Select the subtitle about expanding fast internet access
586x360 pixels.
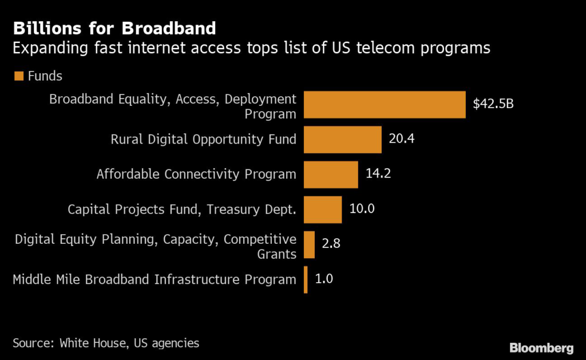(251, 48)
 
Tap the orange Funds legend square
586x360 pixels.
(18, 76)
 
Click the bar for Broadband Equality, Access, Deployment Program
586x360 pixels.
(384, 105)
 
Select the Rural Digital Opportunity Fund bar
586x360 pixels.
(342, 140)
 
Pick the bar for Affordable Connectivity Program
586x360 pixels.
(330, 175)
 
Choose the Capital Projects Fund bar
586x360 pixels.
(322, 209)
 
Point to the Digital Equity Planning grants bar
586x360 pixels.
(309, 244)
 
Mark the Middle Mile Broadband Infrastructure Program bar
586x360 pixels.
(306, 279)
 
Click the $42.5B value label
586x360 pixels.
(493, 104)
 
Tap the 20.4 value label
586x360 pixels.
(402, 139)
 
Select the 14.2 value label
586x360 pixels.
(378, 174)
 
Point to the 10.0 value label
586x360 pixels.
(362, 209)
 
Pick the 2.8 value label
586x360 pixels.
(332, 244)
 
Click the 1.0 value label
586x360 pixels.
(324, 279)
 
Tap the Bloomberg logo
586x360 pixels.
(541, 347)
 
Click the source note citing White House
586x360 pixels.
(106, 343)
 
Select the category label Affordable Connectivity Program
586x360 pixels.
(196, 174)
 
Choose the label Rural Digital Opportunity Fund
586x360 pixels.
(203, 139)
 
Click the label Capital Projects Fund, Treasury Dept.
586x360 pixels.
(182, 209)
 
